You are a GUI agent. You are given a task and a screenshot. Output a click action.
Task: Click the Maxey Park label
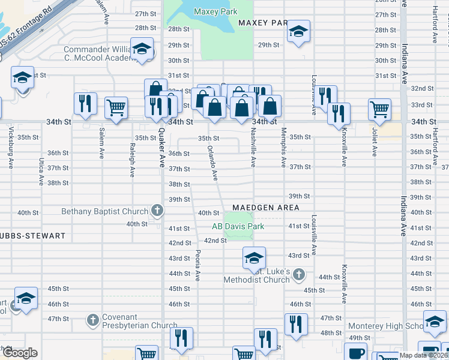(x=215, y=11)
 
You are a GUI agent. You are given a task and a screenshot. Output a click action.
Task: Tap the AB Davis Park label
(x=238, y=226)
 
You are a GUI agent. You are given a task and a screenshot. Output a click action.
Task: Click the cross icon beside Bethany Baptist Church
(x=157, y=211)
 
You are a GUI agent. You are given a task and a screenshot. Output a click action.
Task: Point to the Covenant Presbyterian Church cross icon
(x=93, y=319)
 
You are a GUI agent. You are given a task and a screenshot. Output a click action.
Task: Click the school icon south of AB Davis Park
(x=254, y=258)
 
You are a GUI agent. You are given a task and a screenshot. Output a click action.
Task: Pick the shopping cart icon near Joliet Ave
(x=379, y=109)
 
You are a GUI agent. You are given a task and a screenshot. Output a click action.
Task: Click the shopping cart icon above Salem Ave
(x=116, y=108)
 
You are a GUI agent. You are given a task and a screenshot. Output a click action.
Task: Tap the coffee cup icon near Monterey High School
(x=355, y=352)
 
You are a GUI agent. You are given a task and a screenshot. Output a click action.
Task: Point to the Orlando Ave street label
(x=212, y=163)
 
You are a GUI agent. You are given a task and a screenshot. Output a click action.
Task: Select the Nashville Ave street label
(x=253, y=149)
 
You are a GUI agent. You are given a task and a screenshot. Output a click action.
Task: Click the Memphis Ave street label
(x=284, y=150)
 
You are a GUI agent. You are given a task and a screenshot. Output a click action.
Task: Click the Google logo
(x=19, y=353)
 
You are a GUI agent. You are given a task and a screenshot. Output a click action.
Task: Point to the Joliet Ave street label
(x=374, y=142)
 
